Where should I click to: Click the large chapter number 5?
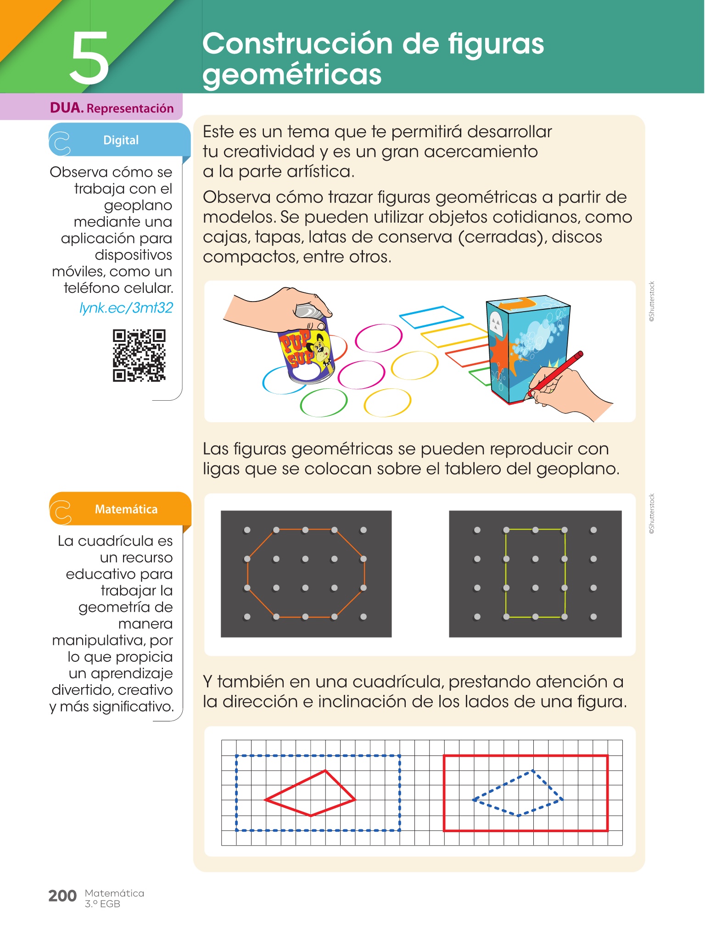coord(90,58)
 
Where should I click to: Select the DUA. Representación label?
coord(112,108)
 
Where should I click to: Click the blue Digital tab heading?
coord(121,140)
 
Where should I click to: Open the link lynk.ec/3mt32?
coord(126,307)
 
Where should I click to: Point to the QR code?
coord(139,355)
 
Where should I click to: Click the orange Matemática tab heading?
coord(126,509)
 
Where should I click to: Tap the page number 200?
coord(62,895)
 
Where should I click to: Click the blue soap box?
coord(528,349)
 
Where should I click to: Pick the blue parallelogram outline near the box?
coord(431,317)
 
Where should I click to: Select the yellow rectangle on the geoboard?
coord(506,573)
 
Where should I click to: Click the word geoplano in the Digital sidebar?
coord(138,206)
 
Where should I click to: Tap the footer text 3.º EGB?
coord(102,904)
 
